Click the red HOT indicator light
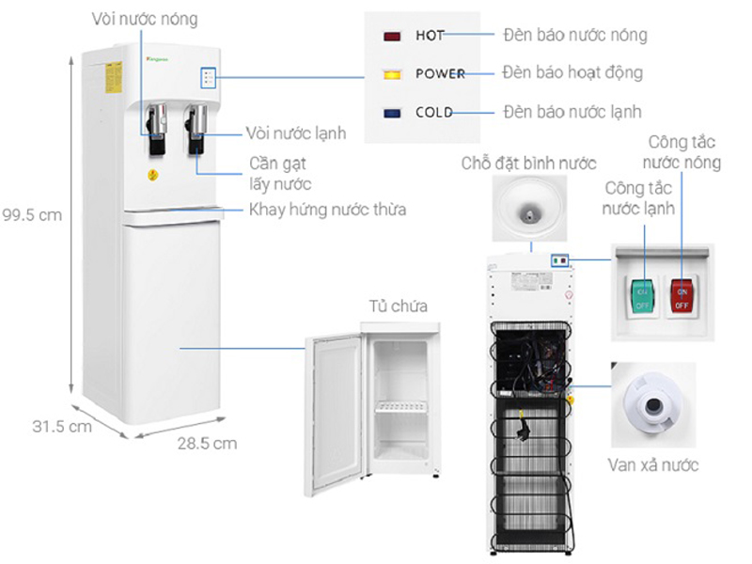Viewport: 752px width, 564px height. pos(393,37)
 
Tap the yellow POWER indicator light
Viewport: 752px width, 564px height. pos(393,73)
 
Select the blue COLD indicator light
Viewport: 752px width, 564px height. pos(393,113)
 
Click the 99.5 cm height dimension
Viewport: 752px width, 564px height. pos(31,214)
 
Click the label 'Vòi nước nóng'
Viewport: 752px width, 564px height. pos(146,19)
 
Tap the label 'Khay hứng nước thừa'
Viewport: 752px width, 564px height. pos(327,209)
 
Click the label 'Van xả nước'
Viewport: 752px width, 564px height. pos(652,465)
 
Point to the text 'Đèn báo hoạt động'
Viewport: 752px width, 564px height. pos(572,72)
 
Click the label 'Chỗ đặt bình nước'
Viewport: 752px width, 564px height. pos(528,164)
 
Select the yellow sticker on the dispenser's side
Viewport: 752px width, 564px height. pos(113,78)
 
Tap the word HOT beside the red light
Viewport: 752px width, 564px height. pos(430,37)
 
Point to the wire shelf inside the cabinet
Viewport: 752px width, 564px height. pos(402,409)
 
